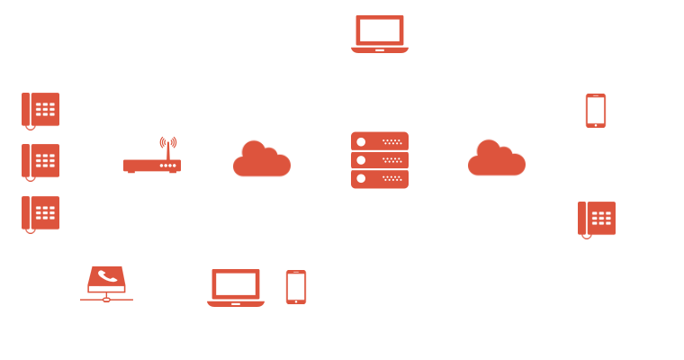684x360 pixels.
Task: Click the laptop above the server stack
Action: tap(379, 34)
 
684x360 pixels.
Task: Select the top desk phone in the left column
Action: tap(40, 110)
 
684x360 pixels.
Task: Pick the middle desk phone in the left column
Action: tap(40, 161)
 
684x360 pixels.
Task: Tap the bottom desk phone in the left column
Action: tap(40, 213)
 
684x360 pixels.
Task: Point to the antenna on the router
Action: tap(167, 145)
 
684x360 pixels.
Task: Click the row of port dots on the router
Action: tap(167, 166)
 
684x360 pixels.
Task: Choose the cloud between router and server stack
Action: tap(262, 159)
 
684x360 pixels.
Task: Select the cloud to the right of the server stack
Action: tap(497, 158)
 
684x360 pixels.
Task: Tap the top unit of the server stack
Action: tap(380, 141)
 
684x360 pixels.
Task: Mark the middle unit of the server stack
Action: tap(380, 160)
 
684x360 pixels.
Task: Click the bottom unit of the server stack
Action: tap(380, 178)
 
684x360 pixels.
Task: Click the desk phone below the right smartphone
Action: tap(597, 219)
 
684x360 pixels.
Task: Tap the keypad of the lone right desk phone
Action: tap(602, 218)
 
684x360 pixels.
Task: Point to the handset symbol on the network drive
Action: tap(107, 276)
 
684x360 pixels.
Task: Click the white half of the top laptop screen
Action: tap(391, 30)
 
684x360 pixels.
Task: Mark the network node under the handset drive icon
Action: tap(106, 299)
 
